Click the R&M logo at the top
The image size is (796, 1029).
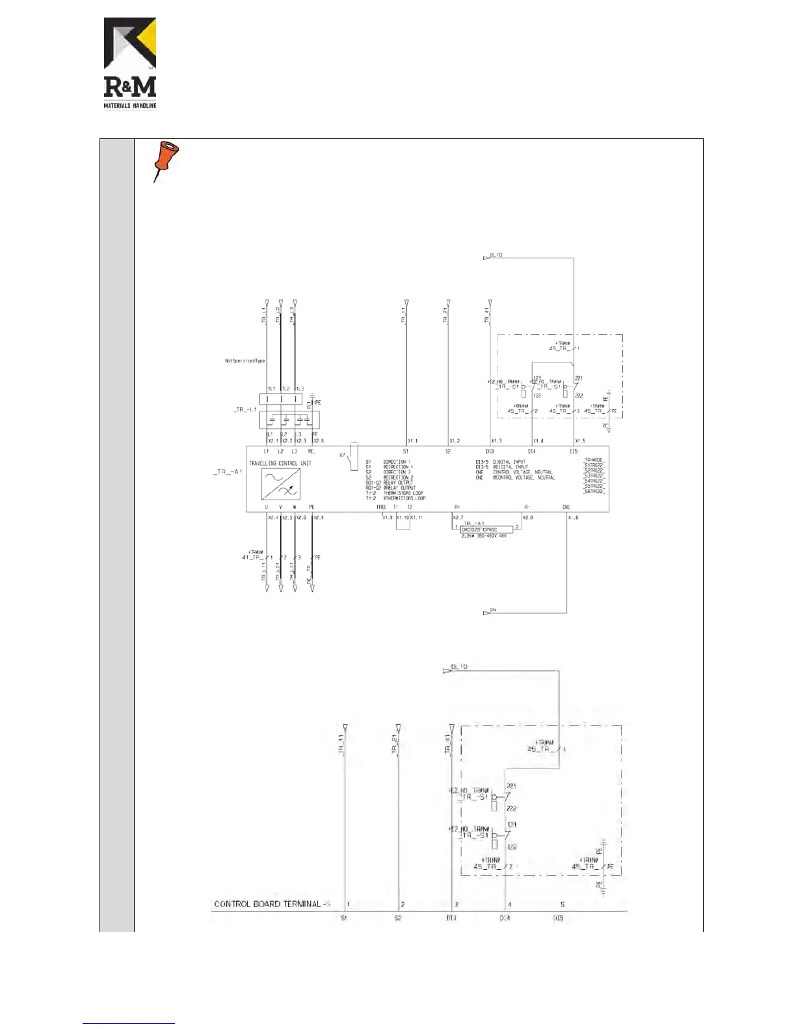[130, 63]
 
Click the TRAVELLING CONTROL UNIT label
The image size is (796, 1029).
[280, 463]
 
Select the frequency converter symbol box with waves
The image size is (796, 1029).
[280, 484]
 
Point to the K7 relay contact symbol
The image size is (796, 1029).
[352, 456]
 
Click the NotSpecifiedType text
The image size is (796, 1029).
[245, 361]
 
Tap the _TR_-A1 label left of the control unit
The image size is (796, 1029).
[227, 472]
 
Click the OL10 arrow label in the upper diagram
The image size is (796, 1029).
[495, 255]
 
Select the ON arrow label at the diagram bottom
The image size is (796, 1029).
[492, 611]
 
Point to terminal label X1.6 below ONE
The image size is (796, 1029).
[573, 518]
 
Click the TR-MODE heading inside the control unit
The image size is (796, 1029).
[594, 460]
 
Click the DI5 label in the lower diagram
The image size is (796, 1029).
[558, 918]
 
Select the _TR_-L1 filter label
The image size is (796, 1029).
[245, 410]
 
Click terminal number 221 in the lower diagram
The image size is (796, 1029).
[511, 787]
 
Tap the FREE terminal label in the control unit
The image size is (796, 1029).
[381, 507]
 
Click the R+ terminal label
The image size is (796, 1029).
[457, 507]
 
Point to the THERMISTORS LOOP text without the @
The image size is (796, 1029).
[403, 493]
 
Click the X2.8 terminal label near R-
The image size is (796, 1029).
[527, 518]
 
